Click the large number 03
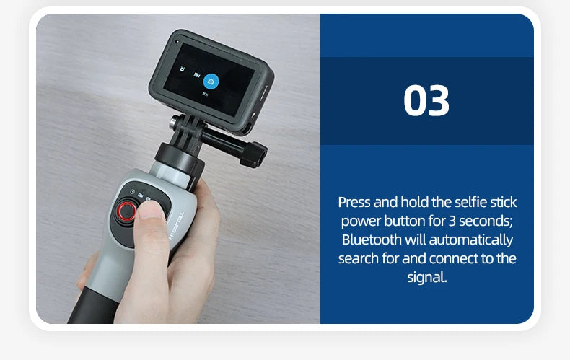(426, 101)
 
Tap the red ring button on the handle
(128, 211)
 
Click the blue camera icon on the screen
(211, 82)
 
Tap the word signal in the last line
(426, 277)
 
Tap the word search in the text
(359, 258)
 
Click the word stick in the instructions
(503, 202)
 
